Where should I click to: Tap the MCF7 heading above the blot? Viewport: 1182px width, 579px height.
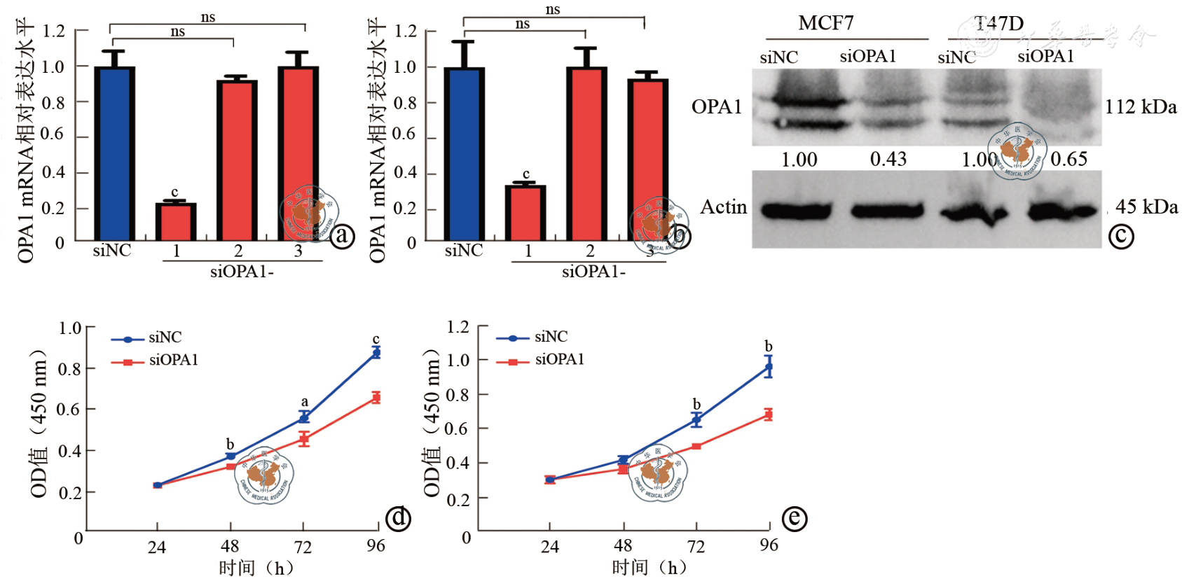click(826, 24)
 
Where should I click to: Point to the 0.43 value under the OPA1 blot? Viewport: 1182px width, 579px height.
click(888, 160)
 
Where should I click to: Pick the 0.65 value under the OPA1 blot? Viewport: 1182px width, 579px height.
click(1068, 160)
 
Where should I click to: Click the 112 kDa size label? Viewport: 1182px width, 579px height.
click(1141, 107)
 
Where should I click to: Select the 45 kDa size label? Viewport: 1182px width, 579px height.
click(1146, 207)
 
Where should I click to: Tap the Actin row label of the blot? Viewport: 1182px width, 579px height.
click(723, 207)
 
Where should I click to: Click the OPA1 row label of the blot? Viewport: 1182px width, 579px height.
click(716, 107)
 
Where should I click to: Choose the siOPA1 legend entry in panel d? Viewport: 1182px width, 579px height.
click(173, 361)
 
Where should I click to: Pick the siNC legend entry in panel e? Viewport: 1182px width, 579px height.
click(551, 337)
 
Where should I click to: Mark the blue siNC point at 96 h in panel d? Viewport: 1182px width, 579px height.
click(376, 353)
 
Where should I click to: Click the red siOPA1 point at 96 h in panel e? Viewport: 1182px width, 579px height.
click(769, 414)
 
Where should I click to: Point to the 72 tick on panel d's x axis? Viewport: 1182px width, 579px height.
click(303, 546)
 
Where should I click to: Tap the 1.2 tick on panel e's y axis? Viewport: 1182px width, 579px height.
click(458, 327)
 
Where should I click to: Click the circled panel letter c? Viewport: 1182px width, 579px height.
click(1121, 236)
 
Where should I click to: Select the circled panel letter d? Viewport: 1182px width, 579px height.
click(399, 518)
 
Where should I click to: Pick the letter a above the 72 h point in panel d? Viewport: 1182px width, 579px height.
click(304, 402)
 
